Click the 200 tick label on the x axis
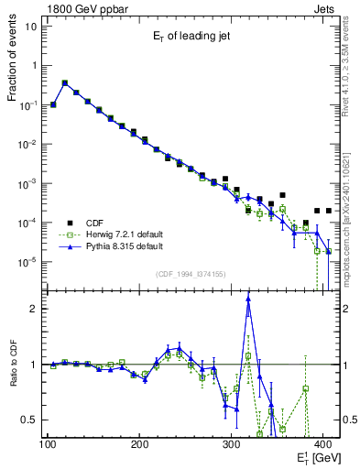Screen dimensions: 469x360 (x=139, y=444)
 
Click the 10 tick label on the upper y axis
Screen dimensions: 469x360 (x=30, y=26)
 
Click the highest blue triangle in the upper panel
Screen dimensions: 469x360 (x=64, y=82)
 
